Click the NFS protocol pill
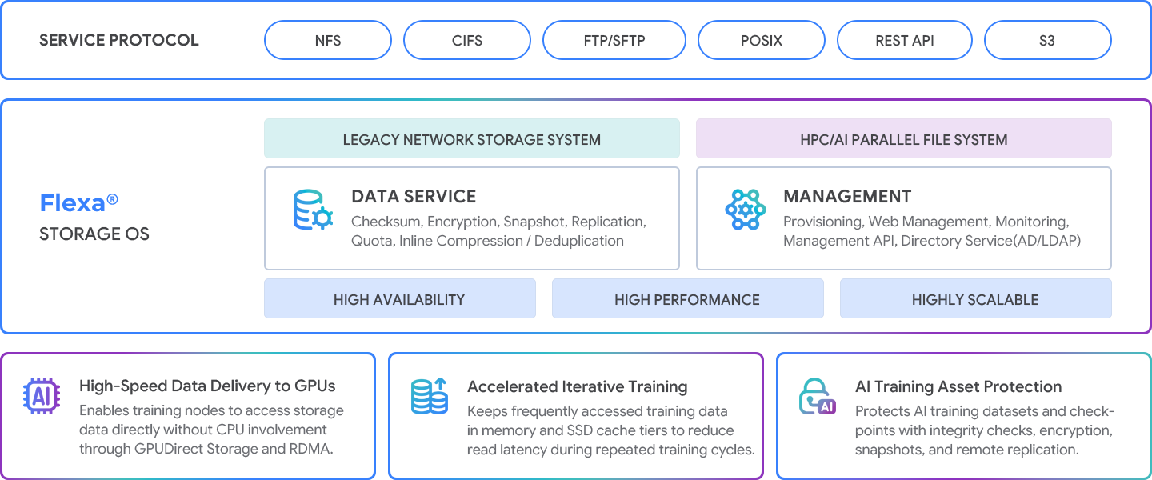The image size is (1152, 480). (328, 40)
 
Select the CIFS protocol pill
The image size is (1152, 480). (467, 40)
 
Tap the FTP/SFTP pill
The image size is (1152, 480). (614, 40)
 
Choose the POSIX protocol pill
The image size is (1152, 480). (761, 40)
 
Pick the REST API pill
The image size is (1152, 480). (905, 40)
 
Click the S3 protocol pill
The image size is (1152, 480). (1048, 40)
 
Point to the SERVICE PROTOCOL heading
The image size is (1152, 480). (118, 40)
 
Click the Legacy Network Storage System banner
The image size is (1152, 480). (472, 139)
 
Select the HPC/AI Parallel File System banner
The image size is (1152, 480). (904, 139)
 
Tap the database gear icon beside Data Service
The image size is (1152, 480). (313, 210)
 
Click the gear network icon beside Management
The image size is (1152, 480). (746, 210)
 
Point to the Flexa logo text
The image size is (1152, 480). (78, 202)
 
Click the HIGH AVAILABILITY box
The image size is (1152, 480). (400, 299)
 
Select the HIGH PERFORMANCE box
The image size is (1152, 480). (688, 299)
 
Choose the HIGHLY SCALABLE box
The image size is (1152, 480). (976, 299)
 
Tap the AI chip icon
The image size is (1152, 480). (42, 396)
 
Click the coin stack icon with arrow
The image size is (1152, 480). (430, 396)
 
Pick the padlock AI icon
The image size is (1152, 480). (818, 396)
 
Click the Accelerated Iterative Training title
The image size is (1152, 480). (577, 386)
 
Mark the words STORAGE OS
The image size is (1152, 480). (94, 234)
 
